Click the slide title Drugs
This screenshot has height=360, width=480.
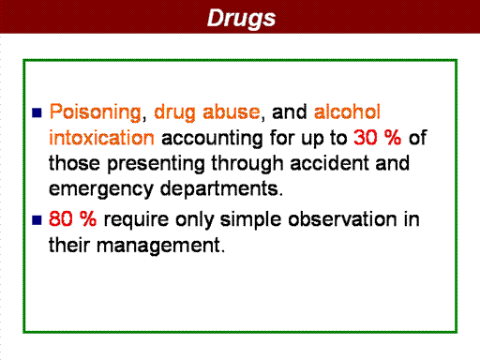[x=241, y=19]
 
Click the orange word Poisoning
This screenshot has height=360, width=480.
[x=96, y=112]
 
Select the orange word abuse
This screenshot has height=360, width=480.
[x=232, y=112]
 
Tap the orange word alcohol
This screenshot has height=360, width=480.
[x=347, y=112]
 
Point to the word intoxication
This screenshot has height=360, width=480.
[x=101, y=138]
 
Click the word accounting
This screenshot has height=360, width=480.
[x=212, y=139]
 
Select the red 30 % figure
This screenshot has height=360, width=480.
[x=377, y=138]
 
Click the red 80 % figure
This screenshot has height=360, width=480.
[x=72, y=218]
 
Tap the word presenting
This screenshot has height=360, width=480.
[x=156, y=164]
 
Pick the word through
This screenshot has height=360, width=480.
[x=247, y=164]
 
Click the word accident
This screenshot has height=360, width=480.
[x=329, y=163]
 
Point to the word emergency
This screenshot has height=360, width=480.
[x=101, y=189]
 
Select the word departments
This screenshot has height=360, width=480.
[x=221, y=188]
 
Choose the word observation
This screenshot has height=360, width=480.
[x=342, y=218]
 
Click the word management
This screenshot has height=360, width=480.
[x=160, y=246]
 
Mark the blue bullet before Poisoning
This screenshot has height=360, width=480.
[x=37, y=112]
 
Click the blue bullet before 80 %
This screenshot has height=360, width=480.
[x=37, y=220]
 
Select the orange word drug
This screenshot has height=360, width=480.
[x=174, y=112]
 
